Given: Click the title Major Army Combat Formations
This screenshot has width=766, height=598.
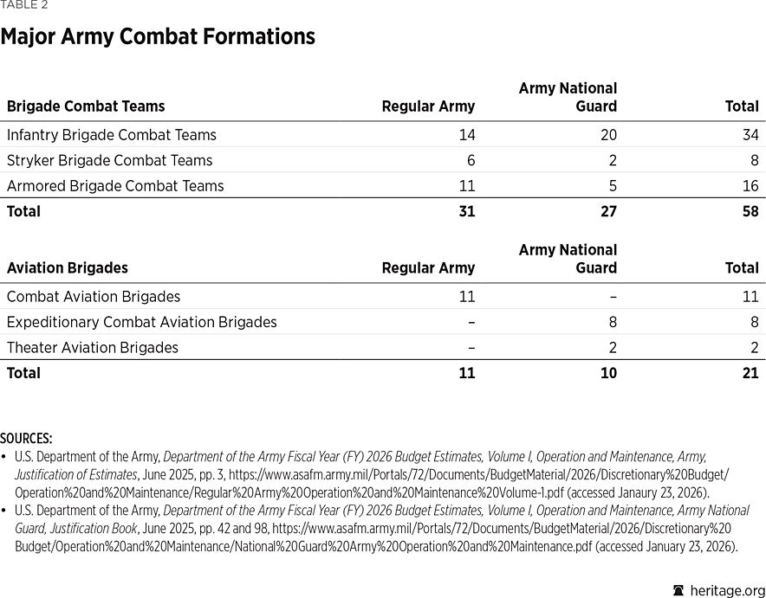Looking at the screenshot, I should [157, 37].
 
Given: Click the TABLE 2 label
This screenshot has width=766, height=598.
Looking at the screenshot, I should [24, 5].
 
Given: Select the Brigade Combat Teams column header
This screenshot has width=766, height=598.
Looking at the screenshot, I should [86, 106].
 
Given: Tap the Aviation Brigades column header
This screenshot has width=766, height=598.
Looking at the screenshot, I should [67, 268].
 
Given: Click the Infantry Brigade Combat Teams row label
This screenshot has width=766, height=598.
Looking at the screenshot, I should [111, 135].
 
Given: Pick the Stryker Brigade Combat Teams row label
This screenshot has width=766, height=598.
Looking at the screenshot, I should [109, 160].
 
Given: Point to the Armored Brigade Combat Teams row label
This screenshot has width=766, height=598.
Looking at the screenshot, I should [114, 186].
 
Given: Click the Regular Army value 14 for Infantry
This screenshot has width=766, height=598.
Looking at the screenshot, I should [466, 135].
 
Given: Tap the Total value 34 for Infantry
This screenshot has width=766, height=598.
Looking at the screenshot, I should [750, 135].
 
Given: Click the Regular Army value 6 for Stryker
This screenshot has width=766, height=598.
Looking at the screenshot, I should [471, 160].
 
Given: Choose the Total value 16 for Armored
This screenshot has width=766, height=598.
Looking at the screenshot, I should [750, 186].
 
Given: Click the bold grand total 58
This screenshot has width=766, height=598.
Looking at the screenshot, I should [750, 211].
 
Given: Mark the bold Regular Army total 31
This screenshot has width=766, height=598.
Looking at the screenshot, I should [466, 211].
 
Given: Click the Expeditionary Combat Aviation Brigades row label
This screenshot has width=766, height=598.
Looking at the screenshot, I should [141, 322].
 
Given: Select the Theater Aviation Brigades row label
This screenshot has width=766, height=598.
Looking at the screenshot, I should [92, 348].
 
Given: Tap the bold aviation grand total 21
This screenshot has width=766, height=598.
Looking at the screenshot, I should [750, 373].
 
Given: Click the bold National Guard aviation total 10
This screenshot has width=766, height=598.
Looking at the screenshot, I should [608, 373].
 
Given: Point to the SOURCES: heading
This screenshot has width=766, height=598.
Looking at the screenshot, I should [26, 439].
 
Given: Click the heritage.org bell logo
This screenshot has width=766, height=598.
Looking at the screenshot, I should [678, 590].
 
